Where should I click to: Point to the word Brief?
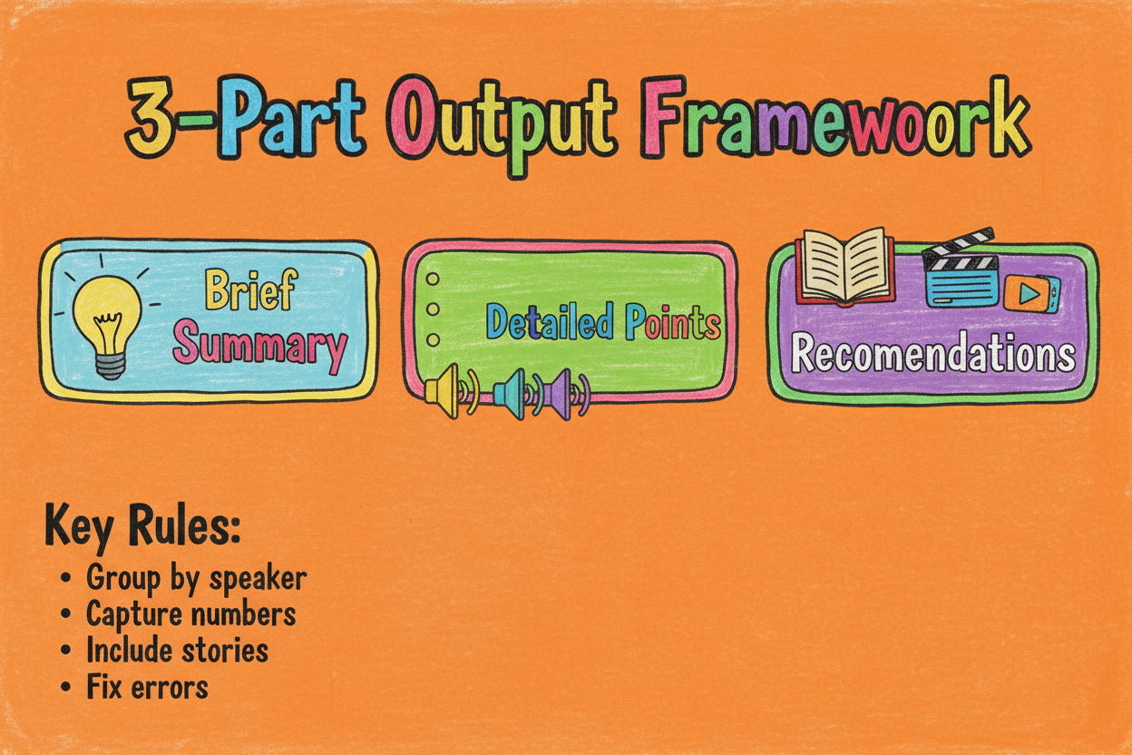click(x=250, y=289)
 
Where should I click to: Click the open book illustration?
click(x=845, y=267)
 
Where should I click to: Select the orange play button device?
click(x=1031, y=293)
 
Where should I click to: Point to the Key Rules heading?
click(x=142, y=527)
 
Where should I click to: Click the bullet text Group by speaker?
click(x=197, y=577)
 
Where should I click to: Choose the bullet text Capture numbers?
click(x=191, y=614)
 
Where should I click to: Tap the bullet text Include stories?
click(x=178, y=650)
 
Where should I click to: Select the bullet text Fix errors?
click(x=148, y=687)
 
